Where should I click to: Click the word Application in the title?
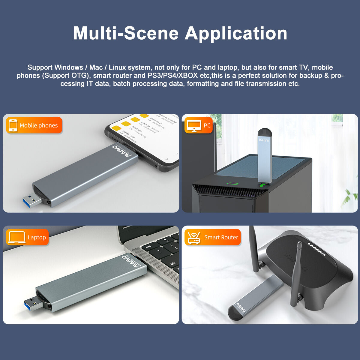click(236, 33)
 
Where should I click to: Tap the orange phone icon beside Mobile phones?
click(13, 125)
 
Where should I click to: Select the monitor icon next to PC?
click(194, 125)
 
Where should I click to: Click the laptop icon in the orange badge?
click(17, 237)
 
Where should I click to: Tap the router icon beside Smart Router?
click(194, 237)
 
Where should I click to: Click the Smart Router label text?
click(221, 237)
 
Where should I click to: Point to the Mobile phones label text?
click(38, 125)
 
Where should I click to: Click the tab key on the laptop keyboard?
click(173, 264)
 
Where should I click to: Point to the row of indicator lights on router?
click(316, 250)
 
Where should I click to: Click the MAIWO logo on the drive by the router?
click(241, 308)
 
